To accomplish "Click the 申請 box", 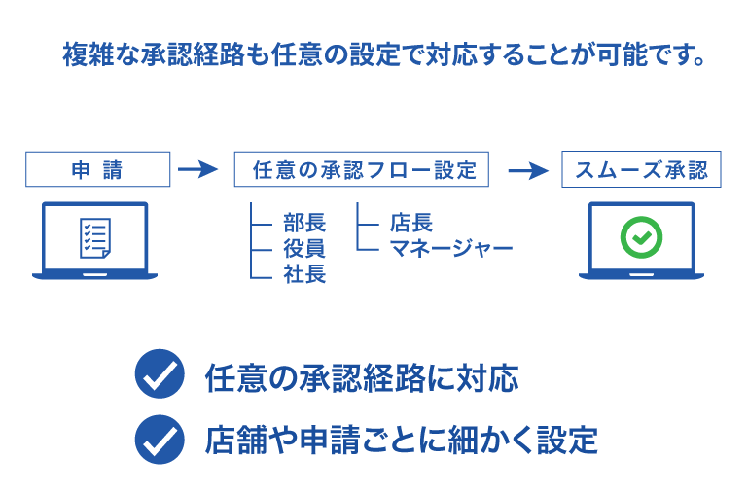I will [x=97, y=170].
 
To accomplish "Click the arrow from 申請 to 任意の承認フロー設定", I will [x=198, y=170].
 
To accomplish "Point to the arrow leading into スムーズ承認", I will [x=529, y=170].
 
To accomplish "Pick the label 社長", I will [x=304, y=274].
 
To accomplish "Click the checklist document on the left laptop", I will [x=94, y=237].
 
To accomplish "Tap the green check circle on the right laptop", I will [x=641, y=236].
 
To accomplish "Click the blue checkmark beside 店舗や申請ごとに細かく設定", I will [x=160, y=439].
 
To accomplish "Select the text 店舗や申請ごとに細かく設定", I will [x=401, y=441].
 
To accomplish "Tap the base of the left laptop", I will [x=94, y=275].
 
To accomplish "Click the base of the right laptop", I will [x=641, y=275].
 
